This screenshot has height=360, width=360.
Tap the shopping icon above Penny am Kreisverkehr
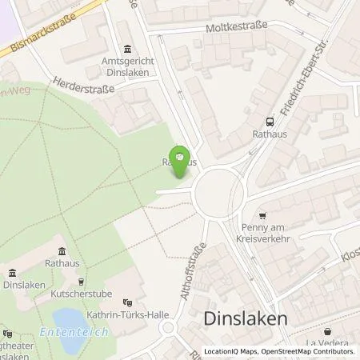(263, 215)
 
